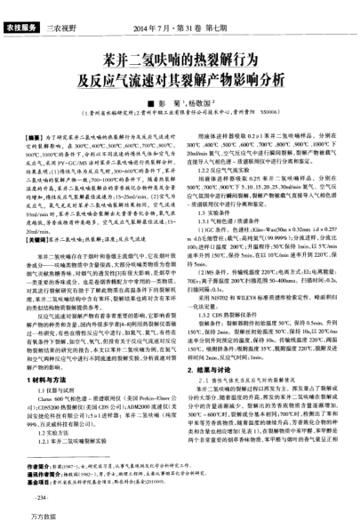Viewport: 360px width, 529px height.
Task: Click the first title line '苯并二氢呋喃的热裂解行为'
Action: pyautogui.click(x=180, y=60)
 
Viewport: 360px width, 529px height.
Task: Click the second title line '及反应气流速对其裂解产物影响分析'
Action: pyautogui.click(x=180, y=80)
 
